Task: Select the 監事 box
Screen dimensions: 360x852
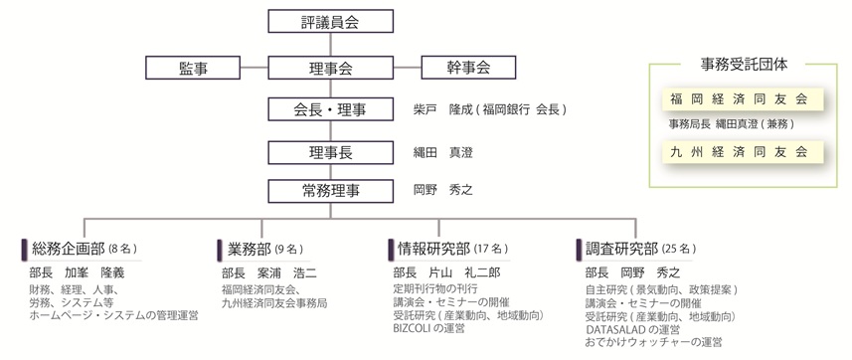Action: (x=194, y=68)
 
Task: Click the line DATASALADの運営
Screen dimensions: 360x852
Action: (x=632, y=328)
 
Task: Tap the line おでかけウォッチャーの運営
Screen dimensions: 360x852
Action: (x=653, y=341)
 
